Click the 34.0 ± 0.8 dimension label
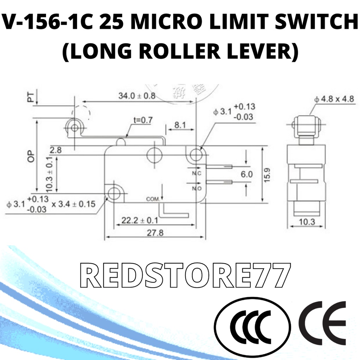click(x=136, y=96)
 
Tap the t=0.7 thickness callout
click(x=143, y=120)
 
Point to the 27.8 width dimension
click(x=156, y=232)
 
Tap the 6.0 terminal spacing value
click(x=247, y=174)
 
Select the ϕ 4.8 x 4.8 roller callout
click(x=334, y=99)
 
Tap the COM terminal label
click(x=153, y=199)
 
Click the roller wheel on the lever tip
click(x=74, y=127)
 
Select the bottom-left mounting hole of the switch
click(x=114, y=192)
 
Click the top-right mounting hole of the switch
click(x=195, y=154)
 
